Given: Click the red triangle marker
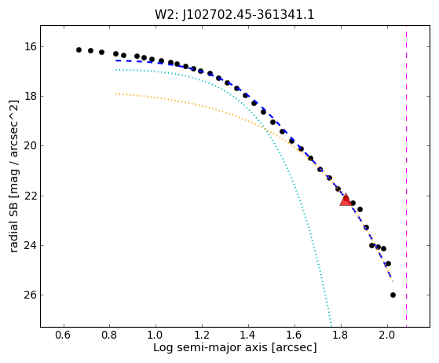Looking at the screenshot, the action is tap(346, 200).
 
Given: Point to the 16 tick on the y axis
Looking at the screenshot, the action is tap(31, 46).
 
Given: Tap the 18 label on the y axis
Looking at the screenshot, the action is tap(31, 96).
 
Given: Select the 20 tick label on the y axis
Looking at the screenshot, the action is tap(31, 145).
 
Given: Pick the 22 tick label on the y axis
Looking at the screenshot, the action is tap(31, 196).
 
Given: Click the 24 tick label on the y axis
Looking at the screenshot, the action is tap(31, 245).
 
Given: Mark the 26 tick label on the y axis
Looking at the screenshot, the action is tap(31, 295).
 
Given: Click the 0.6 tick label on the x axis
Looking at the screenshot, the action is tap(63, 335).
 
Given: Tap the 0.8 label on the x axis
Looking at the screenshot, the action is tap(109, 335).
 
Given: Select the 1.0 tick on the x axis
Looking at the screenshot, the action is tap(155, 335).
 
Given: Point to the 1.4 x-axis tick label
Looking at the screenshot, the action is tap(248, 335).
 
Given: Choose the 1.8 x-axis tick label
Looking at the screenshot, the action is tap(341, 335).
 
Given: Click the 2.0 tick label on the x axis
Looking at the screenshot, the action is tap(387, 335).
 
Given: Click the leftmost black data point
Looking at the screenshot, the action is tap(79, 49).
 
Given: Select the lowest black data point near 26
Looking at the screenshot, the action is tap(393, 295).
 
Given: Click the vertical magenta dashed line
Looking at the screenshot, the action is tap(406, 176).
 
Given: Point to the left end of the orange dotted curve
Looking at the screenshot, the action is tap(115, 93).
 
